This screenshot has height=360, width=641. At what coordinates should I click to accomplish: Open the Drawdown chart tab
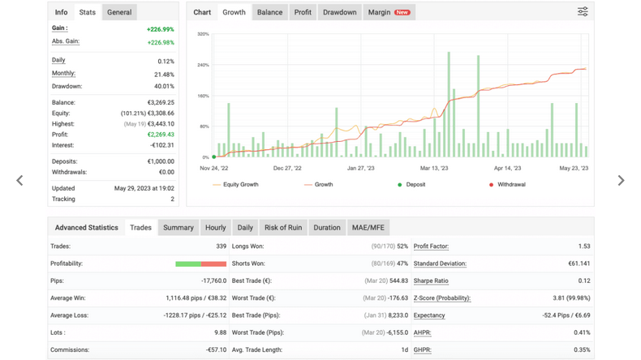(339, 12)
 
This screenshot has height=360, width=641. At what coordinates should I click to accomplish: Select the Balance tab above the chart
(269, 12)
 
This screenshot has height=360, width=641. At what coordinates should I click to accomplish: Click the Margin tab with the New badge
(389, 12)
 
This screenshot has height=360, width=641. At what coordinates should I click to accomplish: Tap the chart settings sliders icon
(583, 11)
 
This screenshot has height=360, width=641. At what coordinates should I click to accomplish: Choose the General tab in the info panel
(119, 12)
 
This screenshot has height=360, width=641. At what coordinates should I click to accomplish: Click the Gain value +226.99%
(161, 29)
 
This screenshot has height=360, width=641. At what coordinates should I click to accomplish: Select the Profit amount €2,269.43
(161, 135)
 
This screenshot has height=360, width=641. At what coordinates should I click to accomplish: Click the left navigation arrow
(19, 180)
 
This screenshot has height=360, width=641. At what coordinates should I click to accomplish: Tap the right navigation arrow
(621, 180)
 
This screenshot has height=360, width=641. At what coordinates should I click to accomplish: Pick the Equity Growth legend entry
(235, 185)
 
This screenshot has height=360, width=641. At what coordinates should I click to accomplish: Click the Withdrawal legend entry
(507, 185)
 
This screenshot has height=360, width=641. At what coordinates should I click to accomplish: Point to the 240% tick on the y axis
(203, 65)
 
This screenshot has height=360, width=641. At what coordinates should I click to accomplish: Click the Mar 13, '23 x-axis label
(434, 168)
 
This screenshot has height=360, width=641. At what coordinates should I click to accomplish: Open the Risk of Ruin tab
(283, 228)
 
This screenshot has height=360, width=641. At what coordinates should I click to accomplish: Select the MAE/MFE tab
(368, 228)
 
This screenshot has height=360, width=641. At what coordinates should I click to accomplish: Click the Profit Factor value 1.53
(584, 246)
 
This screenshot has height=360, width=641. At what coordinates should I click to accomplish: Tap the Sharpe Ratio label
(431, 281)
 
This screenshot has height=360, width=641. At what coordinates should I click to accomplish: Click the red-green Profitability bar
(200, 264)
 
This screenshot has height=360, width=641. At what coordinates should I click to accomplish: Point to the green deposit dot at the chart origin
(214, 157)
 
